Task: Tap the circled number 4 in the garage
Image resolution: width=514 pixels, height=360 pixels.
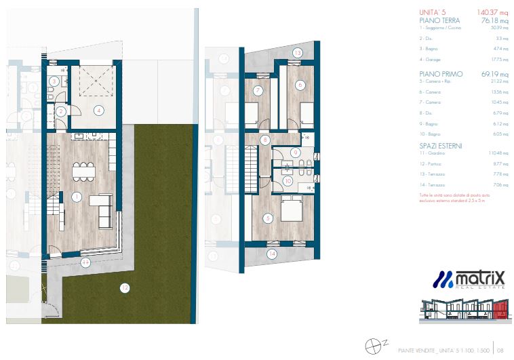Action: (99, 110)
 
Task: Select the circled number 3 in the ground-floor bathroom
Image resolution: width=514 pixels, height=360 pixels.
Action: (54, 82)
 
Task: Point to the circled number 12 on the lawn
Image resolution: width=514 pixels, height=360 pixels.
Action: (123, 287)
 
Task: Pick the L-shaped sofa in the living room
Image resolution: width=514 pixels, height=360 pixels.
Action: (103, 209)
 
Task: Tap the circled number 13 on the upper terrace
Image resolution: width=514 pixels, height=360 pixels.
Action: (297, 53)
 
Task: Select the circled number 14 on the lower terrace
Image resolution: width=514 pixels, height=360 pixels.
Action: (272, 254)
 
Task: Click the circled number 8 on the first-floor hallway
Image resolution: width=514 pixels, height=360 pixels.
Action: (265, 140)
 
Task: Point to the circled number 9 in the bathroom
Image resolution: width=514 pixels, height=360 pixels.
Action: (296, 153)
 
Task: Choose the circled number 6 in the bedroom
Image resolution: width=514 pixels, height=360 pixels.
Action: (300, 85)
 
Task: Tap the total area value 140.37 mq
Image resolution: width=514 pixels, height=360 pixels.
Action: (474, 12)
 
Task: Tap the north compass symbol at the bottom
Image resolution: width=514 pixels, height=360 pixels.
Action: (372, 346)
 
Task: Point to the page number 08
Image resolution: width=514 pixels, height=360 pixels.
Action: (500, 351)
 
